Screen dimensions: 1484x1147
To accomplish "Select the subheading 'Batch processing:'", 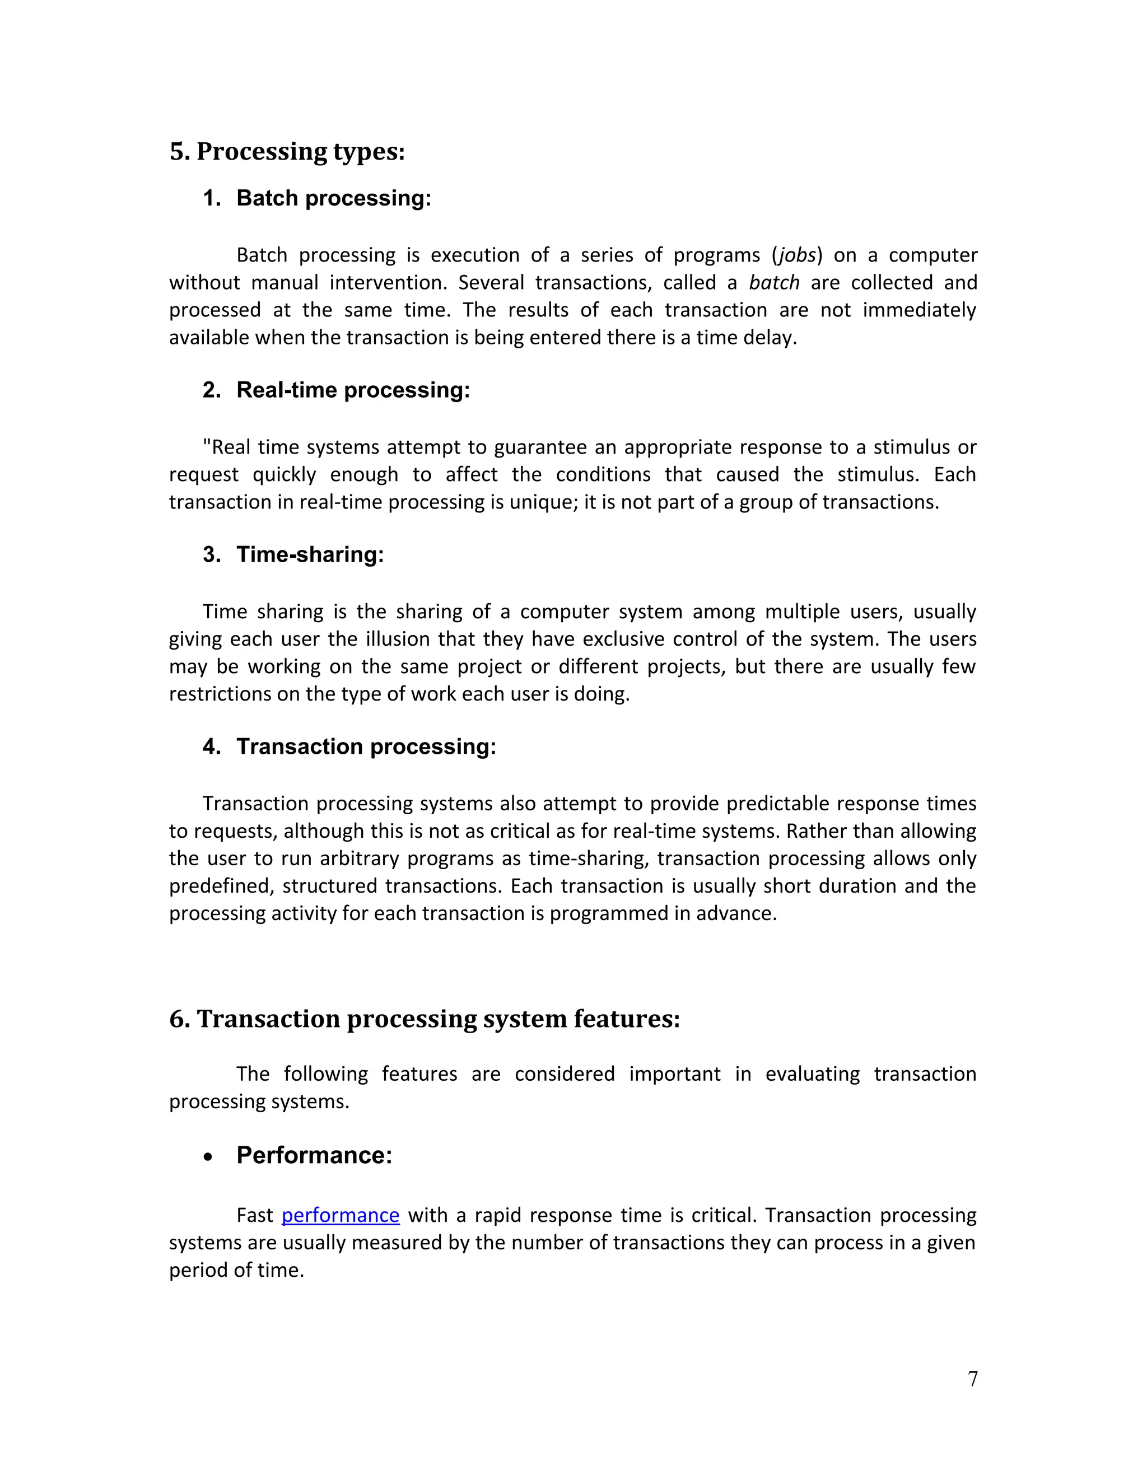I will click(333, 198).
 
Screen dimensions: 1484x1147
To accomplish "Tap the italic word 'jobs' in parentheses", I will click(796, 255).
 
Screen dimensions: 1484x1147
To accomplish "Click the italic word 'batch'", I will click(774, 283).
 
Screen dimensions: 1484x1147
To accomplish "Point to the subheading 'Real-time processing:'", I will click(353, 390).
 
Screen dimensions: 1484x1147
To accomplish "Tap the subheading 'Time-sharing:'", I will click(310, 554).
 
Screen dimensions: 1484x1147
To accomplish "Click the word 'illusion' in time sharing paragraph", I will click(398, 640).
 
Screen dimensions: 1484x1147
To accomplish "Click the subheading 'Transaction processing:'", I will click(366, 746).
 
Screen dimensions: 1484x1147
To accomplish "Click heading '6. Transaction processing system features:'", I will click(424, 1019).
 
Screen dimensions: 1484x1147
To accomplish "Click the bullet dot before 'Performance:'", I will click(208, 1157).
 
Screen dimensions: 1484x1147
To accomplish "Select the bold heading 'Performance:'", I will click(314, 1155).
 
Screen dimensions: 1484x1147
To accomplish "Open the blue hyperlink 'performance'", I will click(340, 1215).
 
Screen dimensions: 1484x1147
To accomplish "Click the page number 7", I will click(972, 1379).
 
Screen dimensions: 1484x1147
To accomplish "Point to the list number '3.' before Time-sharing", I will click(211, 554).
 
